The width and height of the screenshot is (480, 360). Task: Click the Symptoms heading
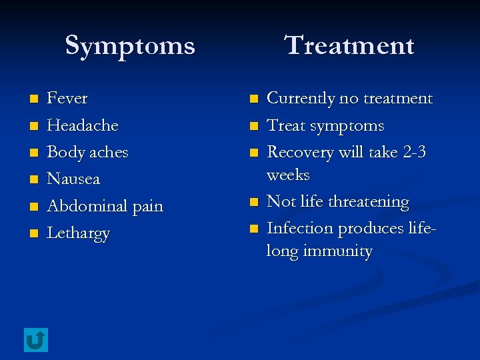(x=130, y=46)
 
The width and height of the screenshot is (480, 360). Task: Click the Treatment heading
(x=349, y=46)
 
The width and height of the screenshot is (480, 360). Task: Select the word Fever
(x=67, y=99)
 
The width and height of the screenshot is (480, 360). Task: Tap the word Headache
(x=83, y=125)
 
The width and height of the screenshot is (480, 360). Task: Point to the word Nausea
(x=73, y=179)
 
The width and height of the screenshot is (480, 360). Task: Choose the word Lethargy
(x=78, y=234)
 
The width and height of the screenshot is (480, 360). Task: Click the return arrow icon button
(x=35, y=340)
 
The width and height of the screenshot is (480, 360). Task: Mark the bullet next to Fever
(x=33, y=99)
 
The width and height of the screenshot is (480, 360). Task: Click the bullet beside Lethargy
(x=33, y=234)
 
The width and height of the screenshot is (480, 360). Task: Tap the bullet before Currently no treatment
(x=253, y=99)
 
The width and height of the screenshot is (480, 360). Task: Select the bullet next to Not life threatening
(x=253, y=202)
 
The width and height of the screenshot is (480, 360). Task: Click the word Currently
(x=301, y=99)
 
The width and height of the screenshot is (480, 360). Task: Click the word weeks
(x=288, y=175)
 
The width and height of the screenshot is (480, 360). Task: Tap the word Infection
(x=300, y=228)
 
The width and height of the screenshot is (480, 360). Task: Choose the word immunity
(x=338, y=251)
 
